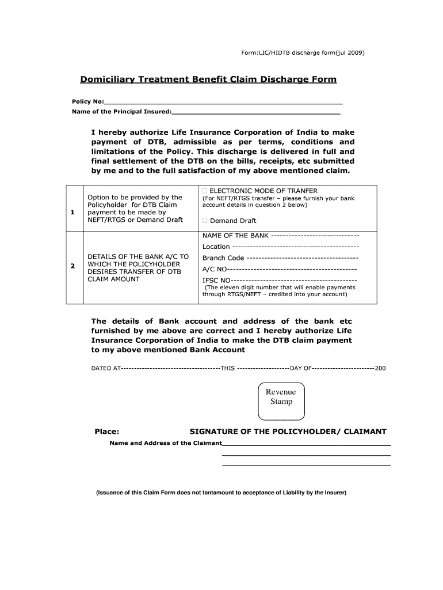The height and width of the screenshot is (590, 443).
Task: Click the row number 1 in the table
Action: point(72,213)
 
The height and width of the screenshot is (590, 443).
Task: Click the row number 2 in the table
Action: point(72,266)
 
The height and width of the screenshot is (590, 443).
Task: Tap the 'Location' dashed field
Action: point(288,247)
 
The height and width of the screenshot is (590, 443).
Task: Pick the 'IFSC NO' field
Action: point(293,280)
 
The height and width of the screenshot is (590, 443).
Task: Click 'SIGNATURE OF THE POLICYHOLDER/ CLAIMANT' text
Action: point(288,432)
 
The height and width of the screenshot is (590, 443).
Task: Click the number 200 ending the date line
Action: point(380,368)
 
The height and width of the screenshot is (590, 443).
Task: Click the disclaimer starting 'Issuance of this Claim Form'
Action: point(221,493)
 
